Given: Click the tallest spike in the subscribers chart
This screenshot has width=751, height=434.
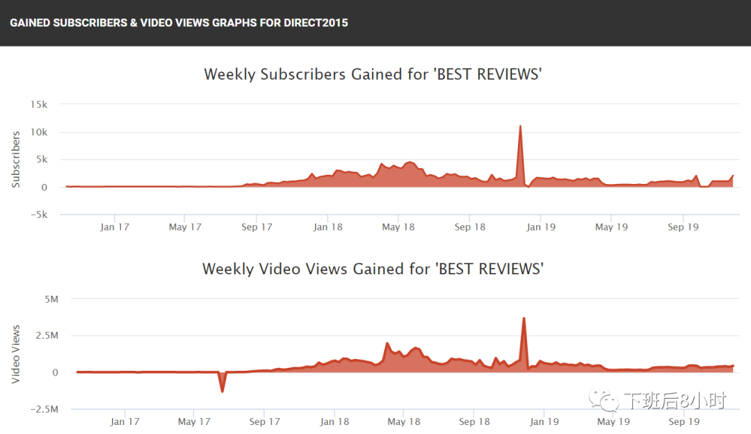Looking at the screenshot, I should click(x=519, y=126).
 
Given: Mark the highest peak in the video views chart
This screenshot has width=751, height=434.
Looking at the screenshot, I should click(x=524, y=319).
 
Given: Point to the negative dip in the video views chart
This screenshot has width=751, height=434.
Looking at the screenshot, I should click(x=223, y=391).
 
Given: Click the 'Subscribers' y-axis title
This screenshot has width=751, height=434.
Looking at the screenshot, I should click(x=16, y=159).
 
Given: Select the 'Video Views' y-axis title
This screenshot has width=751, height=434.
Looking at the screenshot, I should click(x=16, y=354).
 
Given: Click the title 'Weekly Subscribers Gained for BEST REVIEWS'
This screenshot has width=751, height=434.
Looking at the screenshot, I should click(x=373, y=74).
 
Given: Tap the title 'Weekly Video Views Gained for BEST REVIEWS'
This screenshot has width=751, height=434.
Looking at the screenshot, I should click(x=373, y=269).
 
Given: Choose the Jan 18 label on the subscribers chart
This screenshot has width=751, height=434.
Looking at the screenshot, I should click(x=328, y=227).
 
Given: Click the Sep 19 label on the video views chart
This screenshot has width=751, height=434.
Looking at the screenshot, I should click(x=684, y=422).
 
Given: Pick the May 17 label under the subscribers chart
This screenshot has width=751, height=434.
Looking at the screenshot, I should click(x=185, y=227).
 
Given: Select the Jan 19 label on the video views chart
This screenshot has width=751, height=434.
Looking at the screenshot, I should click(x=544, y=422).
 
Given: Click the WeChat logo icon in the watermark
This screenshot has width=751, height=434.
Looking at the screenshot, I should click(x=603, y=401).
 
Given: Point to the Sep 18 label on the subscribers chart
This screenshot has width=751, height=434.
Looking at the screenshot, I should click(x=470, y=227).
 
